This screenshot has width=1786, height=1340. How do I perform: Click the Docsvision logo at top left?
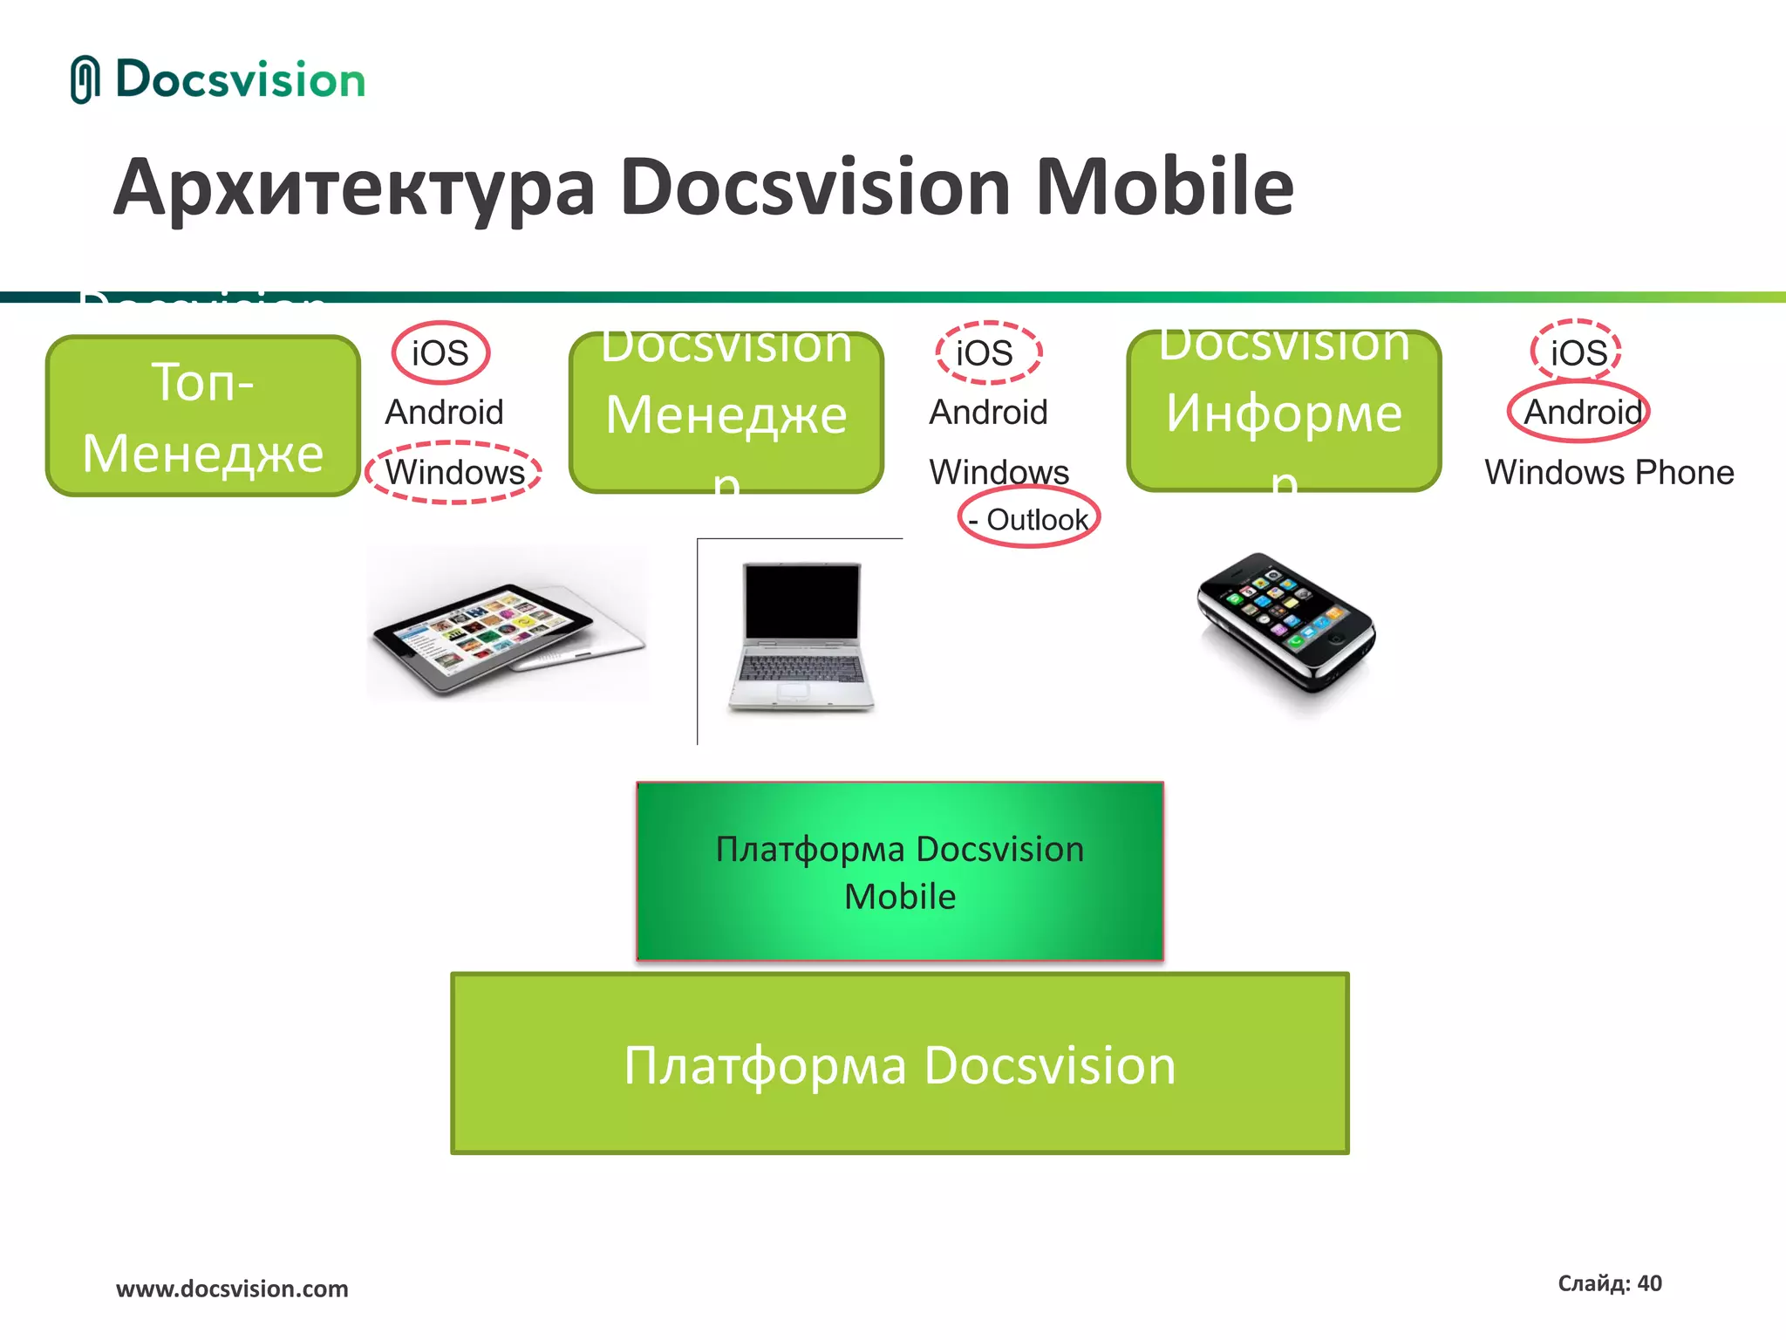(218, 80)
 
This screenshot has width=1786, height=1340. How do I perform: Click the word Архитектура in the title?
(354, 189)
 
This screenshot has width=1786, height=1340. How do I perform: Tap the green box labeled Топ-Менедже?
(202, 416)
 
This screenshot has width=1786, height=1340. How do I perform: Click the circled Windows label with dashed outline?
(453, 473)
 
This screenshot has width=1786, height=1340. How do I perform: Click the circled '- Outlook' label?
(1029, 520)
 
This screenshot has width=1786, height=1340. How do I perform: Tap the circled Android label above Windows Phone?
(1579, 412)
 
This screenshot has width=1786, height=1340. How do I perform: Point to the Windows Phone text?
(1609, 473)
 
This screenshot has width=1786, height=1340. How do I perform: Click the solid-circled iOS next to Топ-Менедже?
(440, 353)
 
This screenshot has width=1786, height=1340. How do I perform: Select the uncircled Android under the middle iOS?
(988, 412)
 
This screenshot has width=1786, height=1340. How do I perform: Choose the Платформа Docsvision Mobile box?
(899, 872)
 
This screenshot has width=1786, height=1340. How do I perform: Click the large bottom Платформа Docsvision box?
(899, 1063)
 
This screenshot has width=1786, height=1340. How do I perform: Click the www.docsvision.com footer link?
(232, 1289)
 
